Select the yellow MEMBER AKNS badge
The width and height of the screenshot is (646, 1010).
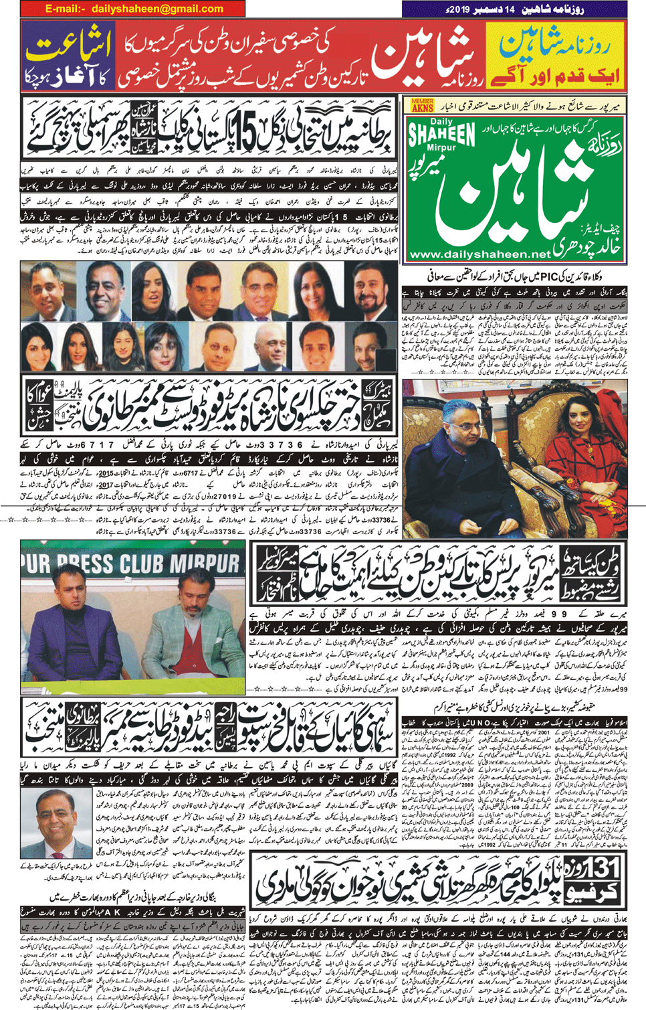click(422, 104)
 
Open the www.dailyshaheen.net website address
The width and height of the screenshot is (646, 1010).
click(479, 254)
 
